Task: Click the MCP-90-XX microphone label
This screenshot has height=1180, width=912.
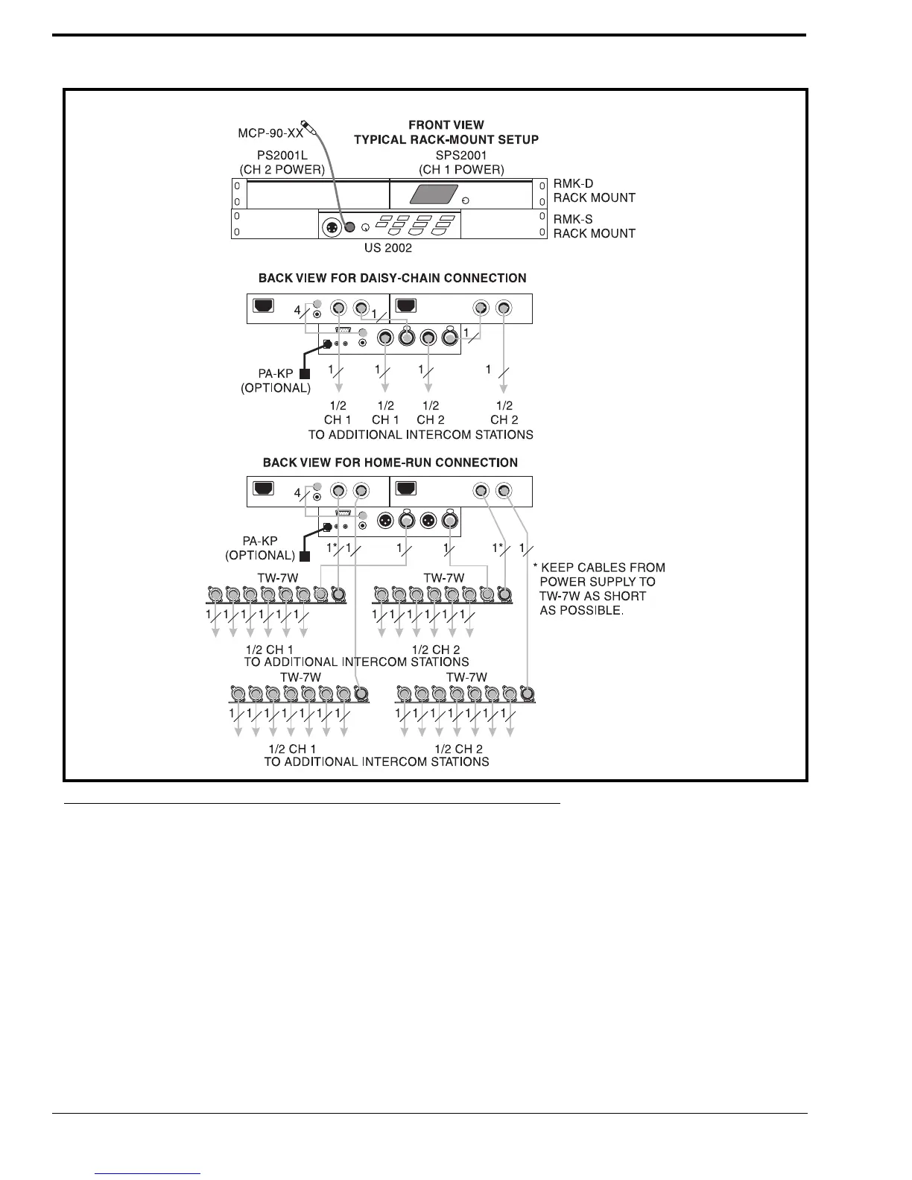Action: tap(270, 133)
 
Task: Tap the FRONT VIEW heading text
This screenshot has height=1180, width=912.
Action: tap(446, 125)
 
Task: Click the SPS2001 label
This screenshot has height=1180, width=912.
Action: tap(461, 156)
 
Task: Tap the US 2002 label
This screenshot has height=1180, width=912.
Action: tap(388, 248)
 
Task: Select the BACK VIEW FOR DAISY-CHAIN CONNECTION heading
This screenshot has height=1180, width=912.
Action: tap(392, 278)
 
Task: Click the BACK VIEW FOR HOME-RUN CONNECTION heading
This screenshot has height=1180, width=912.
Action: tap(390, 463)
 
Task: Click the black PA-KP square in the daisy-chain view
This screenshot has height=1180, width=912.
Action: tap(304, 374)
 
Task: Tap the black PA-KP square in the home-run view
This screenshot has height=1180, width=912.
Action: tap(304, 556)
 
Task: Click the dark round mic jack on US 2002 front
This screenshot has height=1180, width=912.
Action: tap(348, 226)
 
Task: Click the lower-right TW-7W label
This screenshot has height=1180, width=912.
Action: tap(466, 677)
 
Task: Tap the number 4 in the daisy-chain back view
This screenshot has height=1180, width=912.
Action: tap(297, 310)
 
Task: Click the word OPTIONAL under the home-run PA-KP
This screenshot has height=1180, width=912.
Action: tap(261, 555)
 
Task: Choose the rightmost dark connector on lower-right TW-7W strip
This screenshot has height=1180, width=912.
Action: tap(527, 694)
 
